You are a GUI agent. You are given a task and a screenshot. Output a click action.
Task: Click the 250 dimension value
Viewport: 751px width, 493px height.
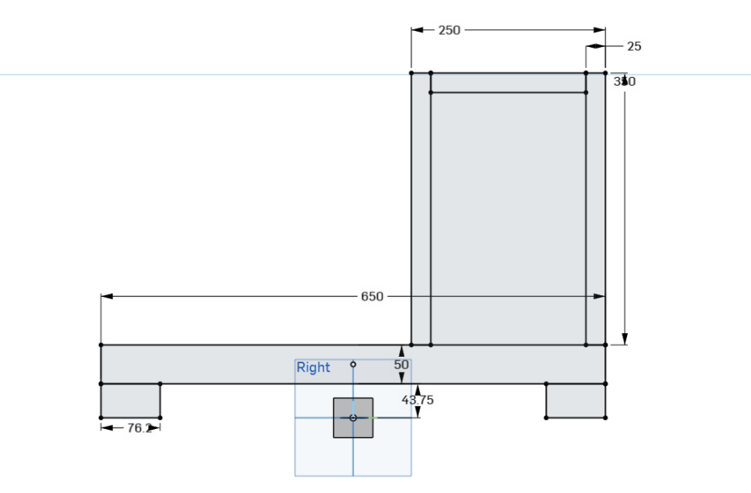click(449, 30)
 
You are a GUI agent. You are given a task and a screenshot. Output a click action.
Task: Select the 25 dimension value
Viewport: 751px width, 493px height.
click(634, 46)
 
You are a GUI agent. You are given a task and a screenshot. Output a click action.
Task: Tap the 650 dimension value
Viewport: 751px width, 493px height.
click(372, 297)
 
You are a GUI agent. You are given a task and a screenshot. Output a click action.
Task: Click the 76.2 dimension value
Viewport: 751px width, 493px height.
click(139, 428)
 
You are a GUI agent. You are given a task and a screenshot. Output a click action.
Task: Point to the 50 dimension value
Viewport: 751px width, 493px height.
click(402, 365)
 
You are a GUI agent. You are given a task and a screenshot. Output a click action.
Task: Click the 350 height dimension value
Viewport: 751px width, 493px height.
click(625, 81)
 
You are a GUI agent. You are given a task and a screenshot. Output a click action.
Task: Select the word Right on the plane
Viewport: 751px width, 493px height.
click(314, 367)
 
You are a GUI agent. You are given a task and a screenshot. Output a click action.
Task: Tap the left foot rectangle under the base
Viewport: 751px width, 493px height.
click(130, 401)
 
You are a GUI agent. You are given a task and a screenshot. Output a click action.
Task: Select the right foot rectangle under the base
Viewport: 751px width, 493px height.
click(575, 401)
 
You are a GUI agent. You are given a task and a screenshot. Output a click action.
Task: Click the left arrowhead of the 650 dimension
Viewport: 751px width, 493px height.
click(106, 297)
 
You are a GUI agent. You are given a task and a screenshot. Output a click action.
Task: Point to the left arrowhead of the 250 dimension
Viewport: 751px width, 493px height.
click(416, 30)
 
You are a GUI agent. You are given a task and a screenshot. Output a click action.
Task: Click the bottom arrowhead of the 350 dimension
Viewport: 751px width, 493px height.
click(625, 339)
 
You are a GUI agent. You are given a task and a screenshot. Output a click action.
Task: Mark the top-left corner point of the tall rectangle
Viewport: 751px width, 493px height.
click(412, 73)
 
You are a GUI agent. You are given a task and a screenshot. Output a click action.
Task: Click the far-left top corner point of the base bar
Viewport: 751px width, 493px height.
click(101, 345)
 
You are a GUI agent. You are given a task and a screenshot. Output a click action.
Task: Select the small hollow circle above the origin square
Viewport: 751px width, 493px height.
click(353, 365)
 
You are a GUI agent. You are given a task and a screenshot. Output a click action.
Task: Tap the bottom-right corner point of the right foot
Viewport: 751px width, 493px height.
click(605, 418)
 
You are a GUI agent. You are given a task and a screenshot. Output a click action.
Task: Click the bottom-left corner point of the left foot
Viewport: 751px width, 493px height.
click(101, 418)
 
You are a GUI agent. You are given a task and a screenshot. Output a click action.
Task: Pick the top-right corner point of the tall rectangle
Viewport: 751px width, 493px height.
click(605, 73)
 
